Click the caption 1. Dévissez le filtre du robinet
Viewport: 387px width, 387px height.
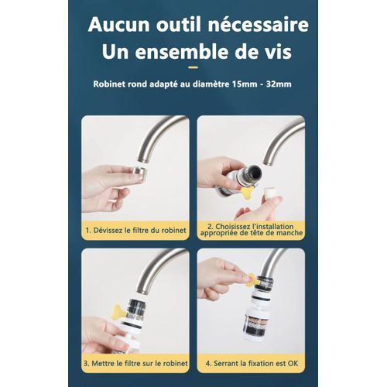point(135,229)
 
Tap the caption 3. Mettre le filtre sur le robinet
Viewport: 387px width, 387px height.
point(135,361)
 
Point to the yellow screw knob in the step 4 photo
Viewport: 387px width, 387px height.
point(250,282)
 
